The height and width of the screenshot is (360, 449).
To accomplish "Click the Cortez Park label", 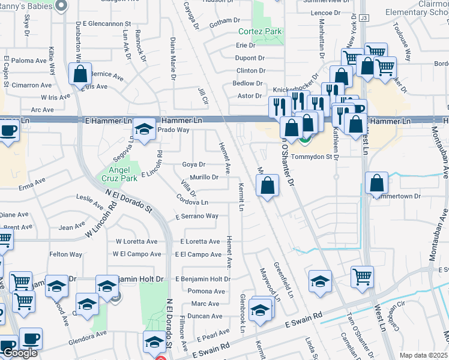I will pyautogui.click(x=260, y=31).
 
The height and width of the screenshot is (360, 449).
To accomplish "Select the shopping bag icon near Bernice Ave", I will pyautogui.click(x=80, y=74).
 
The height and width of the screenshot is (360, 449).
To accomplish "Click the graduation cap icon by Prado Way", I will pyautogui.click(x=144, y=130).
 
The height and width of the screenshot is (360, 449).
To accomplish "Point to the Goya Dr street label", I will pyautogui.click(x=193, y=164).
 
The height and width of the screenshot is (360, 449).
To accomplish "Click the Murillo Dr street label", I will pyautogui.click(x=205, y=177).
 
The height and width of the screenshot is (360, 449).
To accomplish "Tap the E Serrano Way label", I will pyautogui.click(x=196, y=216).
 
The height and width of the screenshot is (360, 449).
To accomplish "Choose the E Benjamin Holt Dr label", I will pyautogui.click(x=203, y=279).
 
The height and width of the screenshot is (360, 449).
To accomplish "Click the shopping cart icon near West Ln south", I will pyautogui.click(x=363, y=277).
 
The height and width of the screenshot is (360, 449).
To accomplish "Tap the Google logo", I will pyautogui.click(x=20, y=353).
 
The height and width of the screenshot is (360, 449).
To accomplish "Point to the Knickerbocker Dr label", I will pyautogui.click(x=295, y=90).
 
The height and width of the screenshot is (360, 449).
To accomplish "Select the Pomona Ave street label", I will pyautogui.click(x=206, y=292).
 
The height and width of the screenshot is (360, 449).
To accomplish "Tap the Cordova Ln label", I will pyautogui.click(x=193, y=203).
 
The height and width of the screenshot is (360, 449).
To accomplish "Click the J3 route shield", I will pyautogui.click(x=364, y=19).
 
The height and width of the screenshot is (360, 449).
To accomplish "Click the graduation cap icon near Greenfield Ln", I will pyautogui.click(x=320, y=280).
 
